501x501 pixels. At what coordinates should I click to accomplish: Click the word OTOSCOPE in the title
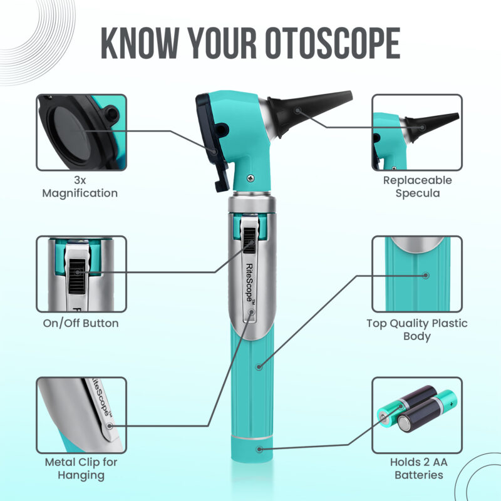pyautogui.click(x=333, y=43)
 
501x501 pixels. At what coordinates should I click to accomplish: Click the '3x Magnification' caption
pyautogui.click(x=80, y=187)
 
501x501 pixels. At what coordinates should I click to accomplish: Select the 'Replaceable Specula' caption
pyautogui.click(x=417, y=187)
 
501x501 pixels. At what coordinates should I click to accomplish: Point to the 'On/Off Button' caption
pyautogui.click(x=81, y=323)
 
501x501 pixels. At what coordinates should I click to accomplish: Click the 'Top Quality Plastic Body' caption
pyautogui.click(x=416, y=329)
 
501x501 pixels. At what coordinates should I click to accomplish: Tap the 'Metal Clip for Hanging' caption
pyautogui.click(x=81, y=468)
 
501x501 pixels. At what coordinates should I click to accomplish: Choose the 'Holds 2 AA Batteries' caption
pyautogui.click(x=418, y=468)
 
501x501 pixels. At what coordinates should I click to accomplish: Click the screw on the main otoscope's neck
pyautogui.click(x=251, y=178)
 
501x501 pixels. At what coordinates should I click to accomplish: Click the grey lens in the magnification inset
pyautogui.click(x=70, y=132)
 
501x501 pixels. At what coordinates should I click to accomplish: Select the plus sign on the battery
pyautogui.click(x=451, y=404)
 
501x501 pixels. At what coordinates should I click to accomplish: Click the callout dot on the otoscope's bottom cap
pyautogui.click(x=259, y=449)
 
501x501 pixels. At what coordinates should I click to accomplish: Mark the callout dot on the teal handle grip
pyautogui.click(x=259, y=366)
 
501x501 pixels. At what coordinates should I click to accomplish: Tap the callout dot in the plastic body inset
pyautogui.click(x=426, y=276)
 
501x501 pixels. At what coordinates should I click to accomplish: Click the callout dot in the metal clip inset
pyautogui.click(x=110, y=426)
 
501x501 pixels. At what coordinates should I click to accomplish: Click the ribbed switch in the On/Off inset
pyautogui.click(x=77, y=276)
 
